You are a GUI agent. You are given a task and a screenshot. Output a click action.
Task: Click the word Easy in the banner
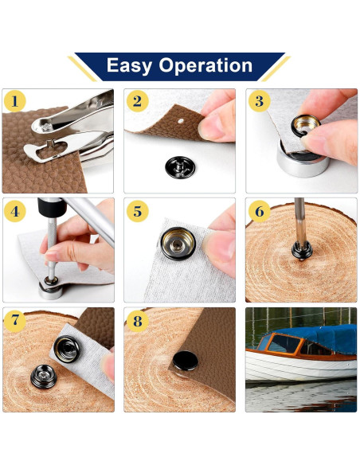coord(129,66)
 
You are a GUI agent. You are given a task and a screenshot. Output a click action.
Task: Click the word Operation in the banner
coord(205,66)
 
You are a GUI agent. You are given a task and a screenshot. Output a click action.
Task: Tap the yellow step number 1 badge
coord(15,101)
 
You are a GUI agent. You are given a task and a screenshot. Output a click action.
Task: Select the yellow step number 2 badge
coord(137,101)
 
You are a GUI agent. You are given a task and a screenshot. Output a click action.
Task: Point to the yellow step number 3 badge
coord(260,101)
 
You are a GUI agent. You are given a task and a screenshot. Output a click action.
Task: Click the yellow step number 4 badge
coord(15,211)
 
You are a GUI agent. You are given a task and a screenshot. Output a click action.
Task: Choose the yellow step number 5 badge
coord(137,211)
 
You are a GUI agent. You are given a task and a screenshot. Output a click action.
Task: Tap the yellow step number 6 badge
coord(260,211)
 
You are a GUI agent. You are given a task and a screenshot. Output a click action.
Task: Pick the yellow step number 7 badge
coord(15,321)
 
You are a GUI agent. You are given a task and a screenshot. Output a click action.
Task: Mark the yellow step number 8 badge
coord(137,321)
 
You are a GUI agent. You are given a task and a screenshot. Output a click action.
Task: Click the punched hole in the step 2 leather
coord(181,121)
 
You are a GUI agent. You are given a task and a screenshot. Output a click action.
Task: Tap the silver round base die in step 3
coord(303,158)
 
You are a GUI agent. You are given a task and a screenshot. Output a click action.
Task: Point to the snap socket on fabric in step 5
coord(178,244)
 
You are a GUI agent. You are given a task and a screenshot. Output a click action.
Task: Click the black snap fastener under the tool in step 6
coord(302,251)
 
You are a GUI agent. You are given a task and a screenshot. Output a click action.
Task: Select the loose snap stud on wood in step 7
coord(44,377)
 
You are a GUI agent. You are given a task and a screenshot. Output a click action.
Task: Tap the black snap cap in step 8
coord(186,361)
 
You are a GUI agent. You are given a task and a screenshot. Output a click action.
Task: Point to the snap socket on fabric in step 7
coord(67,349)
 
